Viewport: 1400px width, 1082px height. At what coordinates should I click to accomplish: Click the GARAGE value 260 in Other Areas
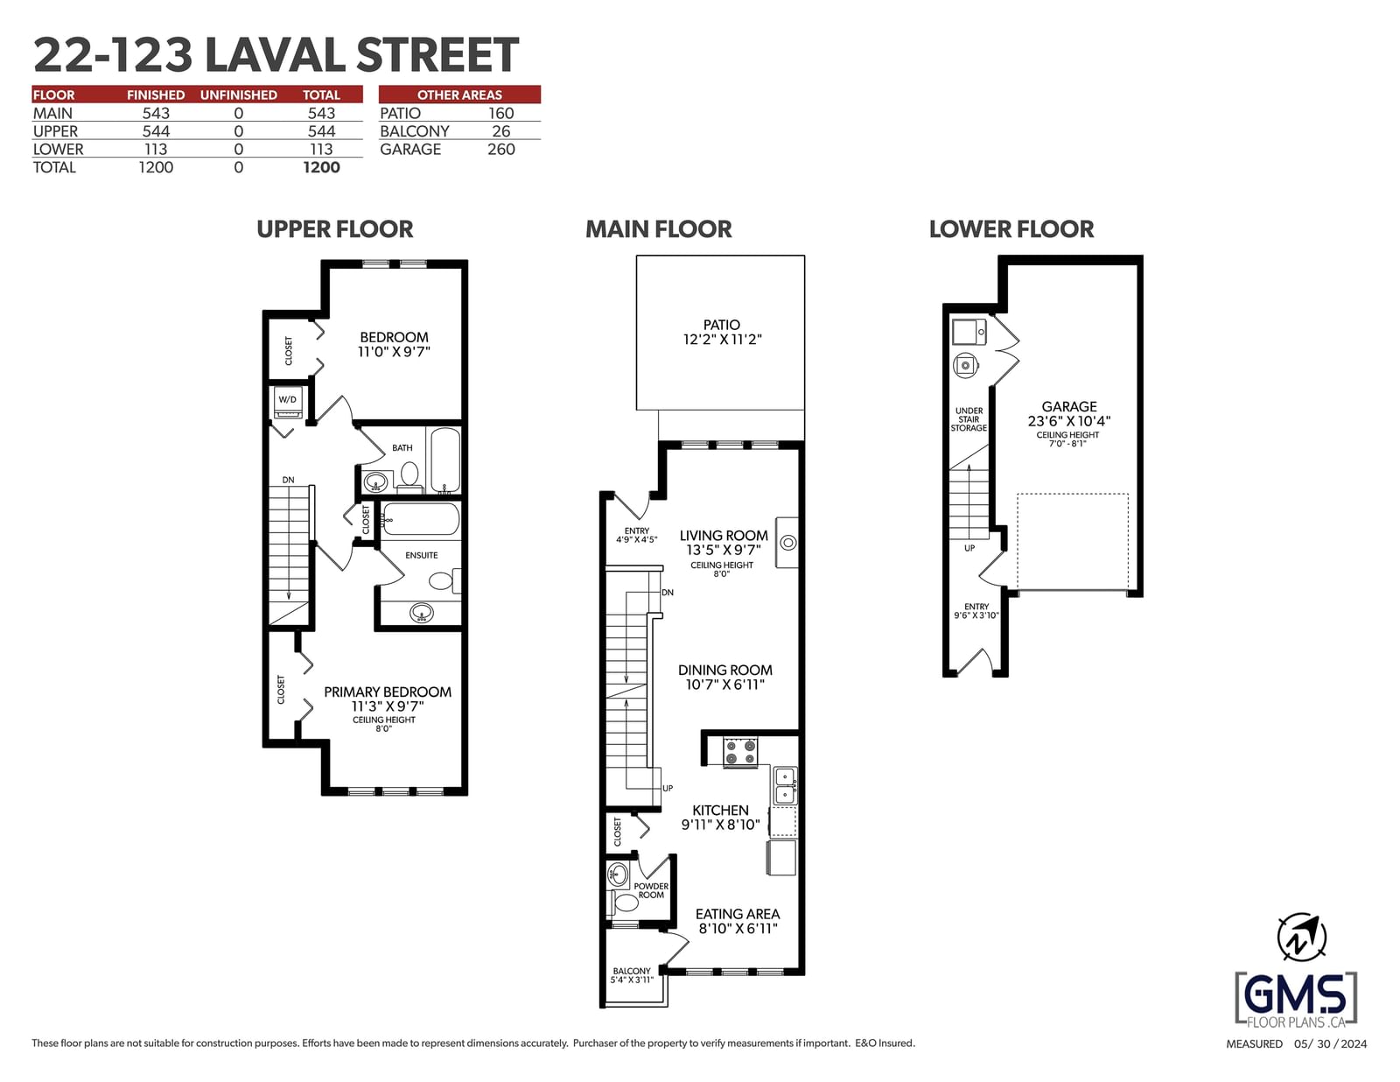[x=500, y=150]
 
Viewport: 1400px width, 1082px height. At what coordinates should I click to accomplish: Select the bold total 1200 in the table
[x=321, y=167]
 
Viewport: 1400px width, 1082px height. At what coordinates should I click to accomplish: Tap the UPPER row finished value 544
[x=156, y=131]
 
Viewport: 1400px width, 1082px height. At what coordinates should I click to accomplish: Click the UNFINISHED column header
[x=238, y=95]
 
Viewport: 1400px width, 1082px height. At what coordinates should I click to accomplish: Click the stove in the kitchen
[x=740, y=752]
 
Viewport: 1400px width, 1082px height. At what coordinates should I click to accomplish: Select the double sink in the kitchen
[x=785, y=785]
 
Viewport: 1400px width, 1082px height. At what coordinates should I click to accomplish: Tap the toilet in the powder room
[x=623, y=903]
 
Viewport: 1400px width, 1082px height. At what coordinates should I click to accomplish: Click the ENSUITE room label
[x=422, y=556]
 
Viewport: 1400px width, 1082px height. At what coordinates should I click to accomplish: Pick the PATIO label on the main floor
[x=722, y=325]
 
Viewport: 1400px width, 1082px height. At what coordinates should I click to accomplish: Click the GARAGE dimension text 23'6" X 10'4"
[x=1069, y=421]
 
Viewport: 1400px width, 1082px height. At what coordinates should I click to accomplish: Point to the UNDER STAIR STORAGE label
[x=969, y=419]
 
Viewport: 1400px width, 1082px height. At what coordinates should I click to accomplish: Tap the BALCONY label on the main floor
[x=632, y=971]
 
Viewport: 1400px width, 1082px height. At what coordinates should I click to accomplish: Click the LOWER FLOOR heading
[x=1011, y=229]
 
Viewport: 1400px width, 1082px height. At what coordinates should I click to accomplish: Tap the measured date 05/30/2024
[x=1330, y=1044]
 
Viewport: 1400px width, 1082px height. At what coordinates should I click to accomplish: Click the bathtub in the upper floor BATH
[x=444, y=460]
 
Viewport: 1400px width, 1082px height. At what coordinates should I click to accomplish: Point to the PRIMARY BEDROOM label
[x=388, y=692]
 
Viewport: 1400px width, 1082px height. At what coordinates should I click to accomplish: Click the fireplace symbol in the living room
[x=787, y=543]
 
